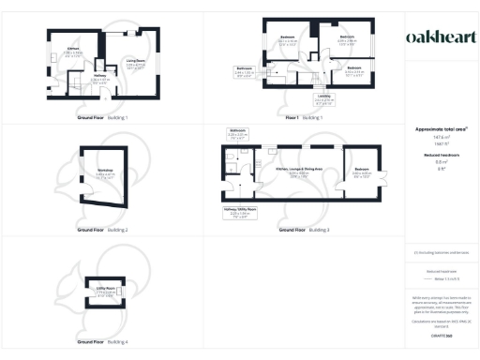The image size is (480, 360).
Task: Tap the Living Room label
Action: (135, 64)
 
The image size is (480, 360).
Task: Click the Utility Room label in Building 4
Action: (106, 290)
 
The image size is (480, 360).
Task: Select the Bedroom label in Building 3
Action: (362, 172)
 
